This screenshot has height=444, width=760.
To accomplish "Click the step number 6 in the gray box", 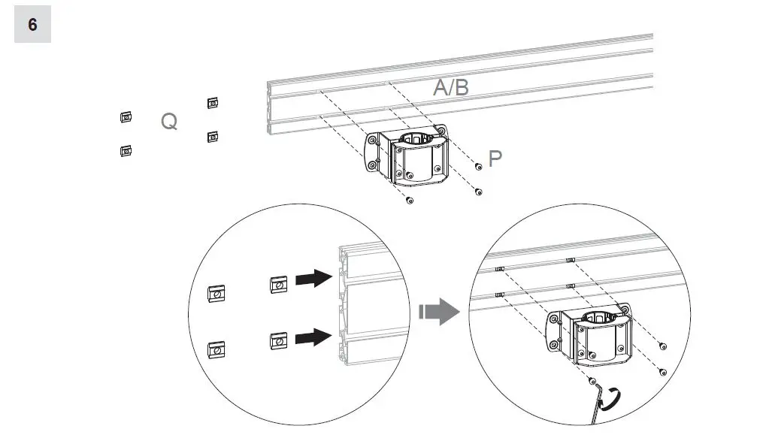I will pyautogui.click(x=32, y=25).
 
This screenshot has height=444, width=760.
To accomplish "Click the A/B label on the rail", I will pyautogui.click(x=451, y=87).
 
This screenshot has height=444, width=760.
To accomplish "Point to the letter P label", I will pyautogui.click(x=495, y=159).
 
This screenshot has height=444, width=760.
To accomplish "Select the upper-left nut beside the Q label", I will pyautogui.click(x=126, y=117).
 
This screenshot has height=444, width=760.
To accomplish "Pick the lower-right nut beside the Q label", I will pyautogui.click(x=213, y=136).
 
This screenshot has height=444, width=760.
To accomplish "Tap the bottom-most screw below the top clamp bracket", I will pyautogui.click(x=409, y=201).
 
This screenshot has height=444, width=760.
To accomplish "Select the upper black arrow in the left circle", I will pyautogui.click(x=313, y=279).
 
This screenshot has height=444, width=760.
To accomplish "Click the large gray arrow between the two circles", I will pyautogui.click(x=438, y=310).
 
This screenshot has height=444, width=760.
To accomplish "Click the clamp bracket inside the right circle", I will pyautogui.click(x=593, y=339).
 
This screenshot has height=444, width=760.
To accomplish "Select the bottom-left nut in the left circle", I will pyautogui.click(x=216, y=349).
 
